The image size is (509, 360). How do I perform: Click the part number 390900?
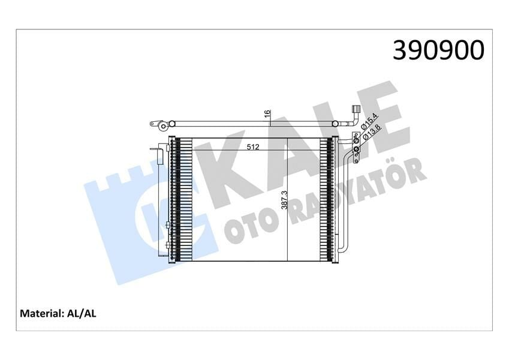coord(438,50)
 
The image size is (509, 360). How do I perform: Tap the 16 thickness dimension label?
coord(267,114)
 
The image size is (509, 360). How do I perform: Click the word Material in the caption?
coord(41,313)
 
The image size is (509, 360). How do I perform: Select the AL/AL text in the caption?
coord(85,313)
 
